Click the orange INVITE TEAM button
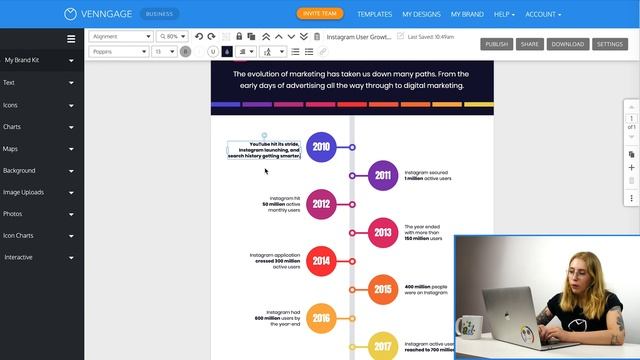[320, 14]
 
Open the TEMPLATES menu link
[374, 15]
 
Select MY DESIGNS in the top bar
[421, 15]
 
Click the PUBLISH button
[497, 44]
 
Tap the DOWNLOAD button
[567, 44]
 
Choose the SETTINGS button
[609, 44]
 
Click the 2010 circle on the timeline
[321, 147]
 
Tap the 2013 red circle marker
[383, 232]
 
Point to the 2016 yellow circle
[321, 319]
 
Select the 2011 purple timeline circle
[383, 175]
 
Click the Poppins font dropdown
[119, 51]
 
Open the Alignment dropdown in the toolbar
[120, 36]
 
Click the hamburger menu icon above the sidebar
[71, 39]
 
